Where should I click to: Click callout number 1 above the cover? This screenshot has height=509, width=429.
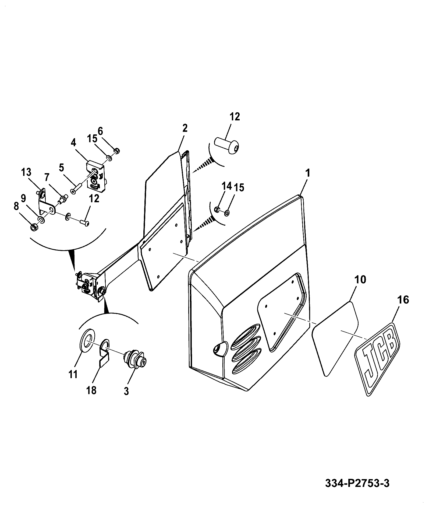tap(308, 173)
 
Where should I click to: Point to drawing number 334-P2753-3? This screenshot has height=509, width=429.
tap(357, 483)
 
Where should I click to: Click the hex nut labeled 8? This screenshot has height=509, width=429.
tap(34, 228)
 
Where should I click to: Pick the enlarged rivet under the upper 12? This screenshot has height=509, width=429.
tap(228, 146)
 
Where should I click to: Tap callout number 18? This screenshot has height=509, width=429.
tap(91, 390)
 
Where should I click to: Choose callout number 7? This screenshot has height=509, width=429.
tap(47, 177)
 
